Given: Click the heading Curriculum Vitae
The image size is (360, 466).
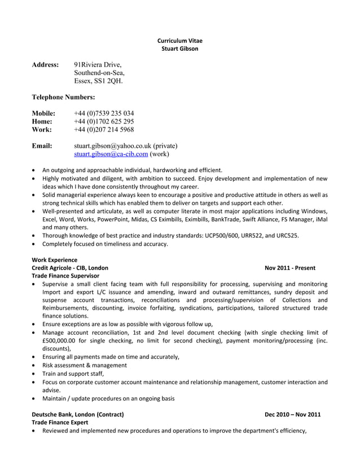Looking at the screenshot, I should click(x=179, y=41).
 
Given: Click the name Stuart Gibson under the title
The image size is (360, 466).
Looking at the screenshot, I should click(x=179, y=49).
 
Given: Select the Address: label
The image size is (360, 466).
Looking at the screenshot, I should click(x=45, y=65).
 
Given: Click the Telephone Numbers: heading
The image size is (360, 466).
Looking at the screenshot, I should click(x=63, y=97).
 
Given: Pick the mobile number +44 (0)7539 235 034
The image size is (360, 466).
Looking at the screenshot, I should click(x=104, y=113).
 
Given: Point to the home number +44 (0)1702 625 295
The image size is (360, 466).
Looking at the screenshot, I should click(x=104, y=121).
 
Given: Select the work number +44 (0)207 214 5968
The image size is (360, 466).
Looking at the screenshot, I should click(x=104, y=129).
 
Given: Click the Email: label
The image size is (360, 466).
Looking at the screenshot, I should click(x=42, y=146).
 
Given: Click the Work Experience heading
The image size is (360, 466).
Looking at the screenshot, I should click(x=54, y=260).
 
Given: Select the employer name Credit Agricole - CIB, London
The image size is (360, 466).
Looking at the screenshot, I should click(x=70, y=267).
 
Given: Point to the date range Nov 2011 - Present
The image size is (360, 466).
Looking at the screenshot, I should click(x=289, y=267).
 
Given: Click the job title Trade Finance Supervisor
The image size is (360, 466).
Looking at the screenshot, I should click(x=65, y=275).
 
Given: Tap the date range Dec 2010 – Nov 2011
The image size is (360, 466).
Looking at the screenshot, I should click(x=292, y=414).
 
